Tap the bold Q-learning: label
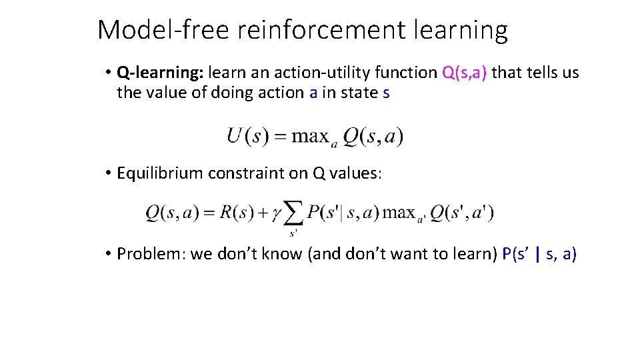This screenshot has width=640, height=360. click(155, 73)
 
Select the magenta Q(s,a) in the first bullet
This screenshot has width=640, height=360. click(464, 73)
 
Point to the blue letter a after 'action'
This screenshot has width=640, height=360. click(313, 93)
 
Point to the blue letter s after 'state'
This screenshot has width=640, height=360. click(386, 93)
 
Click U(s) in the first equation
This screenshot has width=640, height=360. click(247, 137)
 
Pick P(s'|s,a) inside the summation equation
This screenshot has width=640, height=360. click(342, 213)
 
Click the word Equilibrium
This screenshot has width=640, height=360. click(159, 173)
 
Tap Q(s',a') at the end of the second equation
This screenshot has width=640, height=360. click(461, 213)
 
